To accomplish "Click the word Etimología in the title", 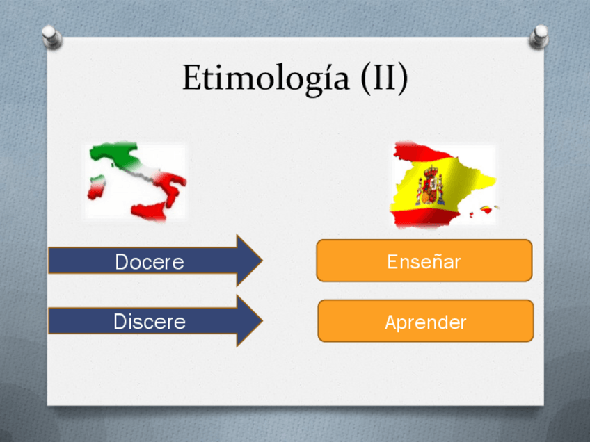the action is point(266,78).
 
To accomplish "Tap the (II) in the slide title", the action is point(384,77).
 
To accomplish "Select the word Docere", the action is point(150,261).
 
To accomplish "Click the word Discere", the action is point(150,321).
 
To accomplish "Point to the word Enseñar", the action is point(424,261).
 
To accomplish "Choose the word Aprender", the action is point(426,322).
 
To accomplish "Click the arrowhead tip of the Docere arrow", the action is point(262,260).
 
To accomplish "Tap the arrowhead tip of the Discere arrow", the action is point(262,320).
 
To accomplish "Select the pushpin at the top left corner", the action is point(51,37).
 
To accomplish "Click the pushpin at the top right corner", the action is point(539,37).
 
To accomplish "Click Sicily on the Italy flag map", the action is point(150,211).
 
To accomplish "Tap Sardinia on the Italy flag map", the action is point(96,186).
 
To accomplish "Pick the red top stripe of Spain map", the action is point(422,152).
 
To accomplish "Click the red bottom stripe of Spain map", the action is point(424,218).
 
